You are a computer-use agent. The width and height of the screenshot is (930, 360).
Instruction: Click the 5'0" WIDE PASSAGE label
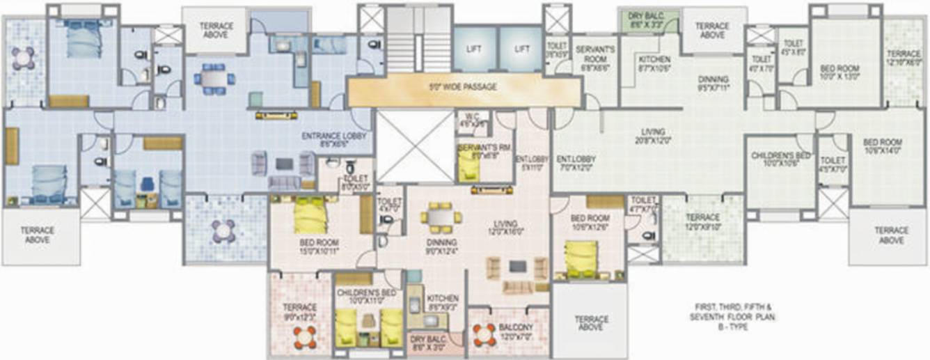(x=464, y=88)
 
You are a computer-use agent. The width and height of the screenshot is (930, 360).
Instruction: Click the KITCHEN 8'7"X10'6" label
(x=654, y=64)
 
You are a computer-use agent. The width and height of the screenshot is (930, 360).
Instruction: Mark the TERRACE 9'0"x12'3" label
(x=300, y=311)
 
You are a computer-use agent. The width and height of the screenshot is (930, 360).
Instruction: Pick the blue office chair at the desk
(x=147, y=185)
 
